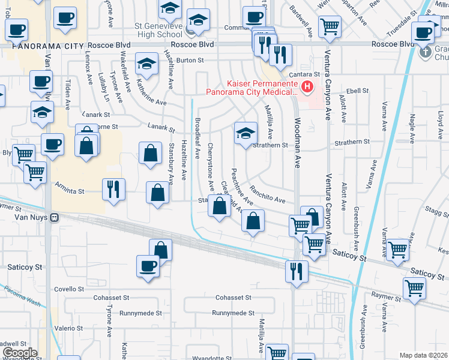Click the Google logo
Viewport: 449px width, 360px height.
coord(20,353)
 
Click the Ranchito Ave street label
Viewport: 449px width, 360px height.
coord(268,196)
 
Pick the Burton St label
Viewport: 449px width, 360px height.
coord(190,60)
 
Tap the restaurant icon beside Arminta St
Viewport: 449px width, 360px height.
coord(113,190)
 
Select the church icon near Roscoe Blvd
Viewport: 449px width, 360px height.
coord(425,52)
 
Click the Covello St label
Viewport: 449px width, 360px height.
coord(70,289)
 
